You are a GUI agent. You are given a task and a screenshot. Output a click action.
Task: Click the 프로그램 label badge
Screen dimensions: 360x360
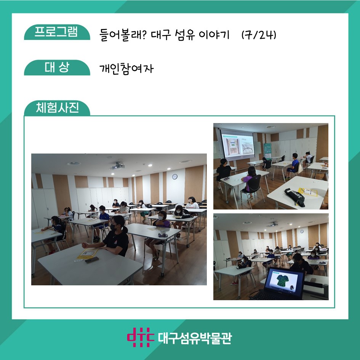coord(57,32)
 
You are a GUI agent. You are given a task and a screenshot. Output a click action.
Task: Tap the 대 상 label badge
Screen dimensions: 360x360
coord(57,67)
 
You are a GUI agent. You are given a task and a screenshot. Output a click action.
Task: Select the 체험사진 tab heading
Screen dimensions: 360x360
coord(57,108)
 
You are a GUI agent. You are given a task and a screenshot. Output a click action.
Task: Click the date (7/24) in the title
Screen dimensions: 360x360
coord(259,35)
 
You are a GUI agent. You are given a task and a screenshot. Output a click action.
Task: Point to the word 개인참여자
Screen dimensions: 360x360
coord(126,69)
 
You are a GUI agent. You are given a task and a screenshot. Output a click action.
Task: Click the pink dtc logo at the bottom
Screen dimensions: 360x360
coord(141,337)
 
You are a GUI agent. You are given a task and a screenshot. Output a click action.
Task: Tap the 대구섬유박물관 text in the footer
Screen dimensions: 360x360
coord(195,338)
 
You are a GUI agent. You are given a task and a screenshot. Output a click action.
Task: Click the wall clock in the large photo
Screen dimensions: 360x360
coord(175,176)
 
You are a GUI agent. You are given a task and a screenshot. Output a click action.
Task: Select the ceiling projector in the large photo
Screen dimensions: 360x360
coord(118,166)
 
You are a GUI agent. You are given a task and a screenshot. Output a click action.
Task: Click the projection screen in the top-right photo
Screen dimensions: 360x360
coord(238,145)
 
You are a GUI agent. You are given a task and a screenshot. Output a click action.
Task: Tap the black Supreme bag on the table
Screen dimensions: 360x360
coord(294,197)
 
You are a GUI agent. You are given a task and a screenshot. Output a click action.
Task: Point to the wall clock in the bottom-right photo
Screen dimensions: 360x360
coord(302,232)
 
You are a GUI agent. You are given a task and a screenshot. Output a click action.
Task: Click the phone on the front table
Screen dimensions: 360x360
coord(92,260)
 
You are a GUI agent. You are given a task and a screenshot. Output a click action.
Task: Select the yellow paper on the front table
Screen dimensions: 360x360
coord(88,253)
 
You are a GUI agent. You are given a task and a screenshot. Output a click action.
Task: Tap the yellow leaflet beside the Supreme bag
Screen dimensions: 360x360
coord(308,192)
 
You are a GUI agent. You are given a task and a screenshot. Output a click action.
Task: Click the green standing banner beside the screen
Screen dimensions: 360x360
coord(267,150)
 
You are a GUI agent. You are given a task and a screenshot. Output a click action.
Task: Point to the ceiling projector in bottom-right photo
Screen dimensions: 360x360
coord(272,224)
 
